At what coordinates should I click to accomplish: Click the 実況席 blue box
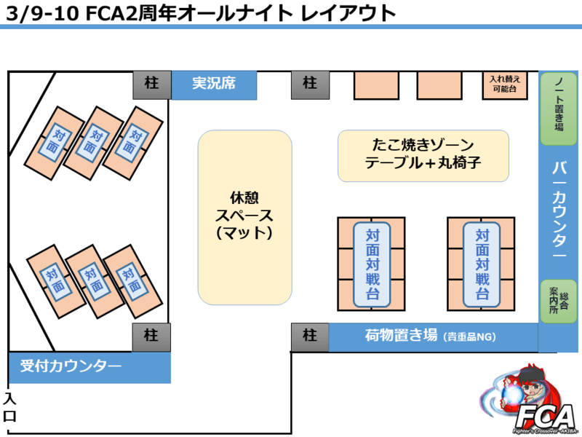(x=214, y=84)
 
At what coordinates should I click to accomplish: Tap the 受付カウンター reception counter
(x=89, y=366)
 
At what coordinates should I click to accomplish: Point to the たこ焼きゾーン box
(x=423, y=156)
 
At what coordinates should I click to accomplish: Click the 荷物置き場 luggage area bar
(x=433, y=336)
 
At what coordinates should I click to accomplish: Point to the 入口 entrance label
(x=9, y=408)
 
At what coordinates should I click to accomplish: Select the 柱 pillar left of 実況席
(x=151, y=84)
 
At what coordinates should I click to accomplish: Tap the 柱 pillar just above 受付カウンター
(x=151, y=337)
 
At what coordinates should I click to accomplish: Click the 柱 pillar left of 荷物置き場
(x=310, y=336)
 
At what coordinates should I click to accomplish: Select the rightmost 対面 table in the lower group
(x=132, y=280)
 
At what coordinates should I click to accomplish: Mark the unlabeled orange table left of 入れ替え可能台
(x=439, y=85)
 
